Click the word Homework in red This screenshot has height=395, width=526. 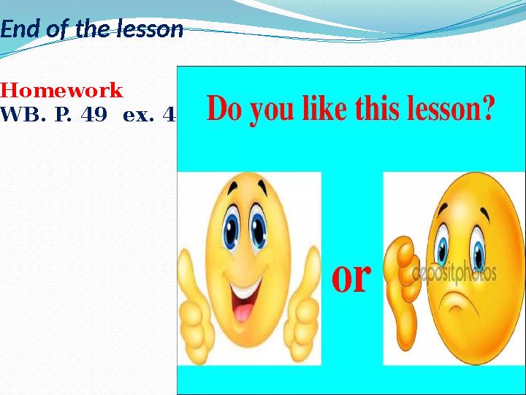pos(62,91)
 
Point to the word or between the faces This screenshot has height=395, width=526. pos(351,277)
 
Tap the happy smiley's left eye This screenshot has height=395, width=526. pos(232,228)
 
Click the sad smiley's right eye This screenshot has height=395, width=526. pos(478,253)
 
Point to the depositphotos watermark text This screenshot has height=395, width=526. pos(454,274)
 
